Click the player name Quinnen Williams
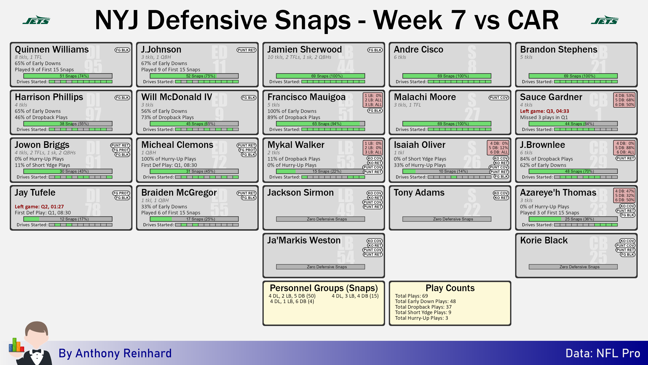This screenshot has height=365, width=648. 52,49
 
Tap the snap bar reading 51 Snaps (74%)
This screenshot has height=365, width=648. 68,76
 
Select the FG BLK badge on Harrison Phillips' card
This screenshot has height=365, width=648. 122,97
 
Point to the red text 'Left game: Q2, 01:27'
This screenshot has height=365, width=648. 39,206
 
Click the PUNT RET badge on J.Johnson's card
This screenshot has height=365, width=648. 246,50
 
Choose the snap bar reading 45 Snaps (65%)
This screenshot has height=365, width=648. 194,124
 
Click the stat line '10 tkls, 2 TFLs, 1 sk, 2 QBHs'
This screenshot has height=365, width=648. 299,57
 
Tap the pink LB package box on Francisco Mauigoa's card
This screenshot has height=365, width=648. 373,100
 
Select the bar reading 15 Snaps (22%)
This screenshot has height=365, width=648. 321,171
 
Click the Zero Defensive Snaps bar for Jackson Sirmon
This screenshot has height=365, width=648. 321,219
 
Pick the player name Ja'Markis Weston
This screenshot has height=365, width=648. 304,240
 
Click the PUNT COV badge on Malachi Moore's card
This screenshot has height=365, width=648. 499,97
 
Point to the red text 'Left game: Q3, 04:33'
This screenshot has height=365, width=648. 544,111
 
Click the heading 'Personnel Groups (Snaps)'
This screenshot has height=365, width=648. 324,288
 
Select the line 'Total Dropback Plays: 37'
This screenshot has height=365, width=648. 423,307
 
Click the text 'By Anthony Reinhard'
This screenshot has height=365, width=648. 115,353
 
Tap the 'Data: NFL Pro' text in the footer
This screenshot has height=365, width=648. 603,353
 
